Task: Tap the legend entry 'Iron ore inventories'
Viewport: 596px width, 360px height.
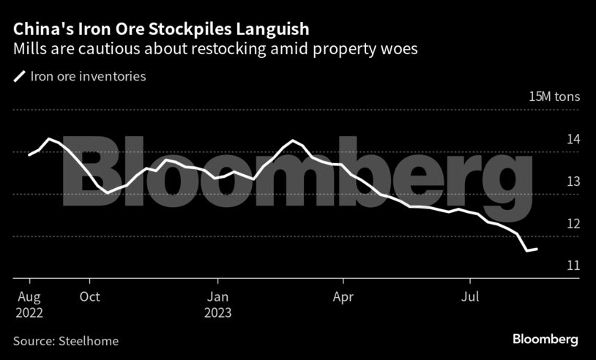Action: click(x=88, y=75)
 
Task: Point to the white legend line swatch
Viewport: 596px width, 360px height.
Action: click(x=19, y=75)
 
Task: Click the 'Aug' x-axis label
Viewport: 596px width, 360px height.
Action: click(x=29, y=297)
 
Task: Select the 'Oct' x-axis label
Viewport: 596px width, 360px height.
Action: click(x=89, y=297)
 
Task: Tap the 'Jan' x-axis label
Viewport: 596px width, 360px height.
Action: click(x=217, y=297)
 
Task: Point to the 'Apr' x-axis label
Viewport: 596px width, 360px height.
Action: click(x=343, y=297)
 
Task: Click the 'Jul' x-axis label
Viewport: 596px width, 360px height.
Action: click(x=469, y=297)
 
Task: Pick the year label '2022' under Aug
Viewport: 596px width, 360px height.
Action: click(x=29, y=312)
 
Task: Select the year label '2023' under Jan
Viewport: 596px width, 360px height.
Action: click(x=217, y=312)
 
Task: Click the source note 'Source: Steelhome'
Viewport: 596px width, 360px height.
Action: click(x=65, y=340)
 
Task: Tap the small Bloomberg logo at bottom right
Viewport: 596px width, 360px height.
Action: click(x=545, y=340)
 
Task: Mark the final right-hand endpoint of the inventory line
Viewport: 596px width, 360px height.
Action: click(x=537, y=249)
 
